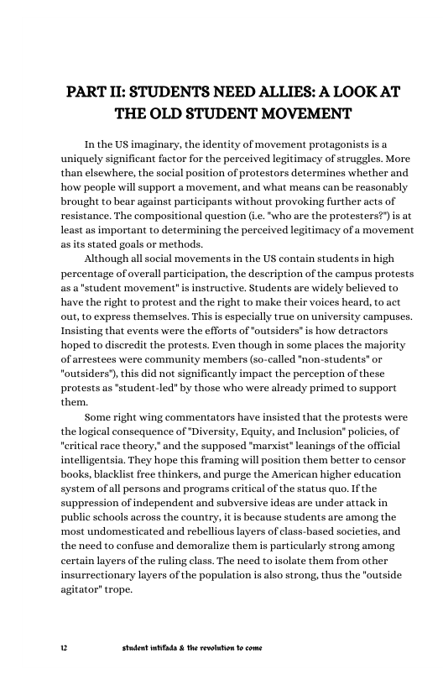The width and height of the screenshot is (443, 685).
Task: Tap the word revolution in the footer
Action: pyautogui.click(x=225, y=649)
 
